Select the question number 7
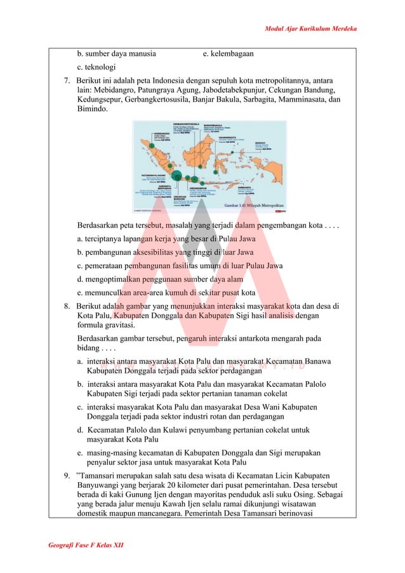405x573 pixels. tap(67, 81)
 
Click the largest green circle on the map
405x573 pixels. tap(177, 176)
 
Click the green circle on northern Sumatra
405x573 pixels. tap(152, 145)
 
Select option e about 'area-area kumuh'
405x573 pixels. tap(166, 292)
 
